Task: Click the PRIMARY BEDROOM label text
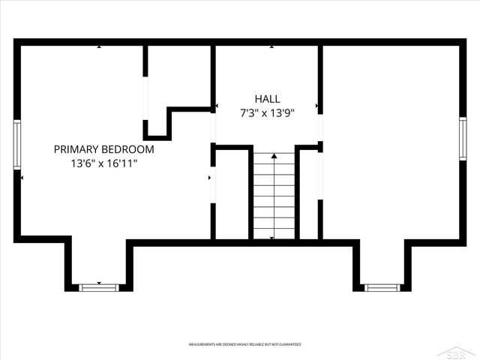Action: (x=104, y=149)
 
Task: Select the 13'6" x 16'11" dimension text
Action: (x=104, y=163)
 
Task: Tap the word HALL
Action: (x=267, y=99)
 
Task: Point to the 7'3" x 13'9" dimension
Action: (x=267, y=113)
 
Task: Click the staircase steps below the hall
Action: (x=274, y=199)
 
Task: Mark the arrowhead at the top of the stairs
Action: (x=274, y=154)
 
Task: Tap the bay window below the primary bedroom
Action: (x=99, y=286)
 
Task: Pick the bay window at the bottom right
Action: (x=382, y=286)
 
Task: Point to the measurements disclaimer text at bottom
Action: (x=244, y=344)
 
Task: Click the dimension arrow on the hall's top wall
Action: (x=271, y=47)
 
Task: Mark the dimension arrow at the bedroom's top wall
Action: (x=99, y=47)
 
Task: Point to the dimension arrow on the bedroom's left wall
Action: (x=22, y=178)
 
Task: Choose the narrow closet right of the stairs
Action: (x=309, y=195)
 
